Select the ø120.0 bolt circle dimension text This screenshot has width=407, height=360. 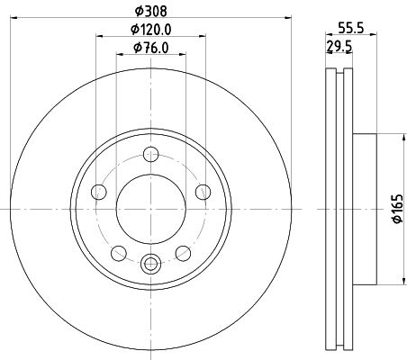150,30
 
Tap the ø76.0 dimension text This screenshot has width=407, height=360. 150,48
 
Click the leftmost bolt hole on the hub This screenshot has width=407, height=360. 99,191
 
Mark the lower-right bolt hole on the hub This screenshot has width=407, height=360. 183,252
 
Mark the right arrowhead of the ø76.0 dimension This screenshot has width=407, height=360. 184,55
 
